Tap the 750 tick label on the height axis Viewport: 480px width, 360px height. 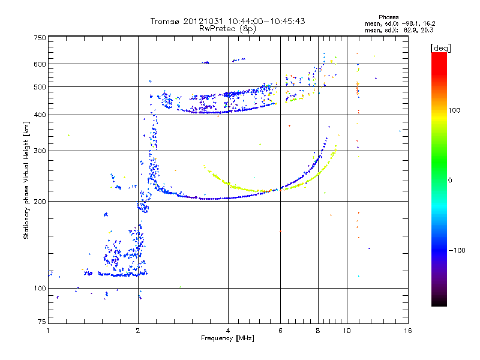[x=40, y=37]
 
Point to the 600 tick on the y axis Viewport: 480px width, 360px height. [x=40, y=64]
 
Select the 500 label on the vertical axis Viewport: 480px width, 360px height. [x=40, y=87]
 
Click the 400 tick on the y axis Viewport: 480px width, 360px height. [x=40, y=115]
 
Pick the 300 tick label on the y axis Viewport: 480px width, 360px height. [x=40, y=151]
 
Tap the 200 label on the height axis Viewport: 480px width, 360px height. [x=40, y=202]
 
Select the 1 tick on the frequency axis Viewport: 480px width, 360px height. [x=48, y=331]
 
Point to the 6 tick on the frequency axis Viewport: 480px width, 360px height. [x=280, y=331]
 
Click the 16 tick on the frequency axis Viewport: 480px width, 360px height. [x=407, y=331]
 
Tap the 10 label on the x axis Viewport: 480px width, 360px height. [x=346, y=331]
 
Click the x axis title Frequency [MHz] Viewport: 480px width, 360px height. [x=227, y=339]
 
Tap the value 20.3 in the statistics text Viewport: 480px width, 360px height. [x=427, y=29]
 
